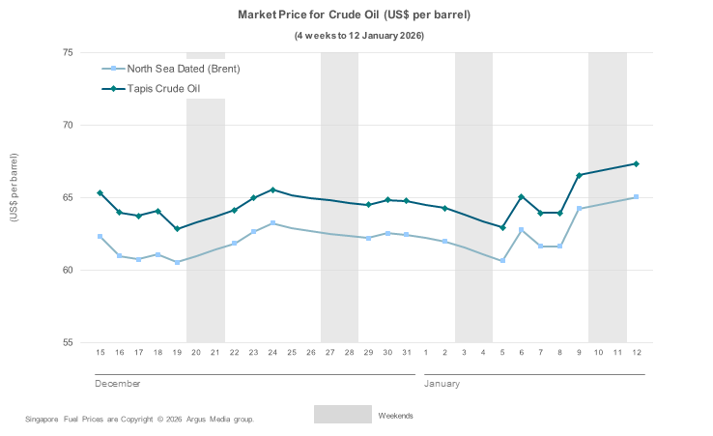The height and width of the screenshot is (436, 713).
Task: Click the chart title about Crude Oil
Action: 355,16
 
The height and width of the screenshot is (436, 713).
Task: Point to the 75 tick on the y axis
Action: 69,52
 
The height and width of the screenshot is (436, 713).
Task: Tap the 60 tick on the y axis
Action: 69,270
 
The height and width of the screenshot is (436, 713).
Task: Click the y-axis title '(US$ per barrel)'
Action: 14,188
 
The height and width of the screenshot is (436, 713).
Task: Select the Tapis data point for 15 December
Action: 100,193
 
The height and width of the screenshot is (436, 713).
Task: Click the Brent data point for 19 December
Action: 177,262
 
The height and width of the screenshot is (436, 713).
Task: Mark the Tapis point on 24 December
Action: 272,189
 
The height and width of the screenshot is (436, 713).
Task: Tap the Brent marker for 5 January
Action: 502,260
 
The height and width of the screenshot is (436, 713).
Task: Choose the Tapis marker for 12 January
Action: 636,163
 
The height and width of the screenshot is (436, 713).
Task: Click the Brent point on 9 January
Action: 579,208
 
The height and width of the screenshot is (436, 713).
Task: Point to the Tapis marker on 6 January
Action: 522,196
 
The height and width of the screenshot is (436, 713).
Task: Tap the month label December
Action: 118,384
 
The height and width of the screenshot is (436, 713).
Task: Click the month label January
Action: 441,384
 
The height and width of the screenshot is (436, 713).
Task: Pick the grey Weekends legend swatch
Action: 342,414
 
